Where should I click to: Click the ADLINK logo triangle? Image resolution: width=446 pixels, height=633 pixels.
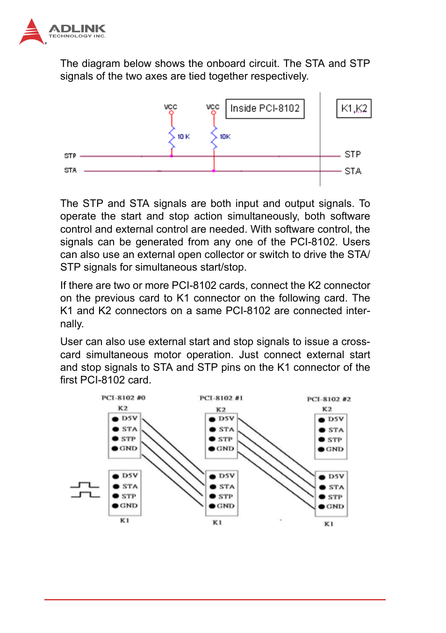pyautogui.click(x=31, y=33)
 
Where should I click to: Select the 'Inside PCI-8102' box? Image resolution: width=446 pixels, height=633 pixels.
pyautogui.click(x=265, y=109)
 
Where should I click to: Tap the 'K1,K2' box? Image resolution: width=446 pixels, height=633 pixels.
pyautogui.click(x=354, y=109)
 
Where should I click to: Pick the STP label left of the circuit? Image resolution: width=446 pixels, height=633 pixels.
pyautogui.click(x=70, y=156)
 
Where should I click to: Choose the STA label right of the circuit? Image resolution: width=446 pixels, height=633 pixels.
pyautogui.click(x=353, y=171)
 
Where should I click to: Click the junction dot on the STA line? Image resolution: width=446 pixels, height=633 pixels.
pyautogui.click(x=214, y=171)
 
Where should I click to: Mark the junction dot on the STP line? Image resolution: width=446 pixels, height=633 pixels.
pyautogui.click(x=172, y=156)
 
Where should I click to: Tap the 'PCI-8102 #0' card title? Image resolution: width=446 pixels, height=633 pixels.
pyautogui.click(x=123, y=398)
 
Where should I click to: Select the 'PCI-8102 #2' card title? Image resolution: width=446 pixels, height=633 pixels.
pyautogui.click(x=329, y=399)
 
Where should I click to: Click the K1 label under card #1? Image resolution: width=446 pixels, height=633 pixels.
pyautogui.click(x=217, y=523)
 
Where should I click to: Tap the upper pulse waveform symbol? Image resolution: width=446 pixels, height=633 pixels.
pyautogui.click(x=85, y=485)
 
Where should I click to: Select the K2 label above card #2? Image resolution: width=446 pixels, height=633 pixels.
pyautogui.click(x=327, y=409)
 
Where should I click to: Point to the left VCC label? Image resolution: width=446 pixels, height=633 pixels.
pyautogui.click(x=171, y=107)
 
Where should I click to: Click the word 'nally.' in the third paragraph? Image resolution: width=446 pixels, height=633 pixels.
pyautogui.click(x=72, y=324)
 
